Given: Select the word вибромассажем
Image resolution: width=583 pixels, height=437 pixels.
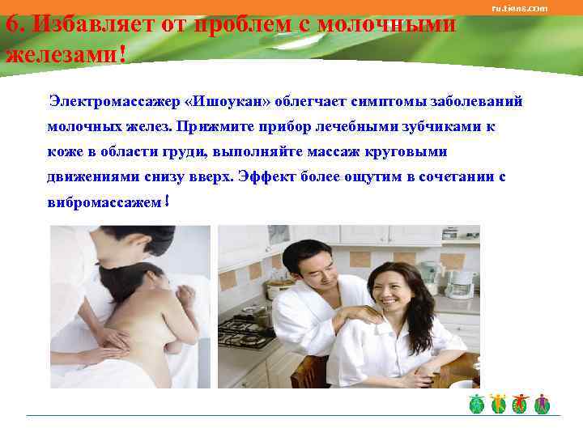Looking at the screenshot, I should click(x=104, y=202).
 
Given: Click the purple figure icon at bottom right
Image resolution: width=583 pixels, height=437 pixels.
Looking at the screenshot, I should click(x=542, y=404).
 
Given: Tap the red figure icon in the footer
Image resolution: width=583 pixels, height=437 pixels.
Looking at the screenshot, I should click(x=521, y=404).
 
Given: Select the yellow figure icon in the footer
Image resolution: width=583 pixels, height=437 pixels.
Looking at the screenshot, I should click(x=499, y=404).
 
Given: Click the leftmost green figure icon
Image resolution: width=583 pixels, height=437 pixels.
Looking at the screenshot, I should click(x=478, y=404).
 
